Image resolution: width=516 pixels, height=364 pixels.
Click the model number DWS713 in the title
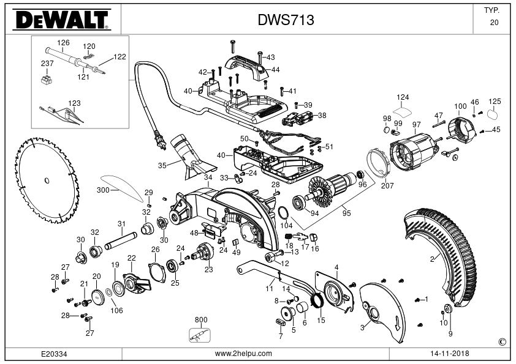(286, 20)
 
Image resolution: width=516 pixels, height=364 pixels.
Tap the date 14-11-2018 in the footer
(450, 354)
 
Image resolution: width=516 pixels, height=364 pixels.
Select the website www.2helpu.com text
(243, 354)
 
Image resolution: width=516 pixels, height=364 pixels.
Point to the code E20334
(54, 354)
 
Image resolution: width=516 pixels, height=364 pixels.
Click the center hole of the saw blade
(47, 180)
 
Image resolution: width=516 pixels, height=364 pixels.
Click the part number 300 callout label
(103, 190)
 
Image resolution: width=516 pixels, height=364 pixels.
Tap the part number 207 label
(387, 185)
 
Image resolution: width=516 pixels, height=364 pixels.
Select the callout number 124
(403, 97)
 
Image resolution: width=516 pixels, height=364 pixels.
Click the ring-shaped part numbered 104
(283, 214)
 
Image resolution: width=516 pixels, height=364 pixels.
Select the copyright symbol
(502, 342)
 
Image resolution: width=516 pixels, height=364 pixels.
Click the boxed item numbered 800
(200, 335)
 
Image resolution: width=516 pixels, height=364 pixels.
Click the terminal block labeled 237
(47, 79)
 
